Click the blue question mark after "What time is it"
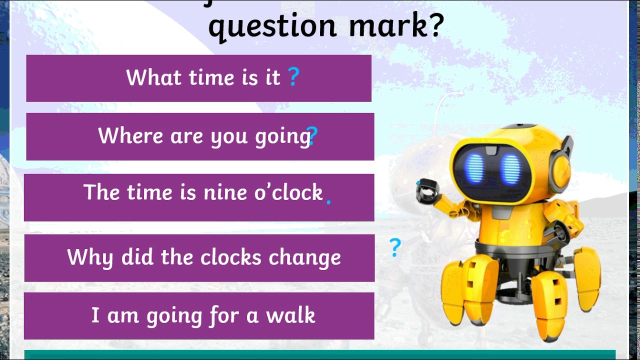293,77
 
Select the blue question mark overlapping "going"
313,135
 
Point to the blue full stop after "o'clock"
328,202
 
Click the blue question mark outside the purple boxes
395,247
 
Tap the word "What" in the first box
152,77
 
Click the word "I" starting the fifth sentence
95,315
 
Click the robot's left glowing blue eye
474,167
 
